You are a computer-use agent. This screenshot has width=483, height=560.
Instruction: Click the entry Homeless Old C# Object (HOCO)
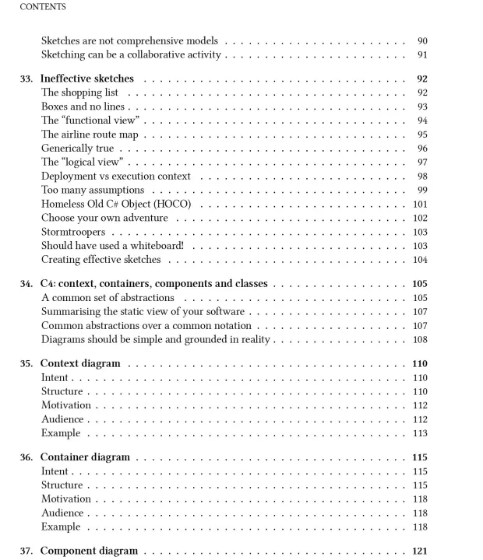116,204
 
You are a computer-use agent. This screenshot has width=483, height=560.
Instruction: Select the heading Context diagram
80,363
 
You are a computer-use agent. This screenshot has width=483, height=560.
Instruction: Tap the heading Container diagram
85,457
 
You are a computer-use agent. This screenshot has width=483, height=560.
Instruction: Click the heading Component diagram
89,551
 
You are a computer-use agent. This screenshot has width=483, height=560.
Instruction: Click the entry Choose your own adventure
104,218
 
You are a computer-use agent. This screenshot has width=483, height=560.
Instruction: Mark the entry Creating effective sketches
101,260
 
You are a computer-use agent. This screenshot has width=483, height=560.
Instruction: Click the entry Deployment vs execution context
116,176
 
